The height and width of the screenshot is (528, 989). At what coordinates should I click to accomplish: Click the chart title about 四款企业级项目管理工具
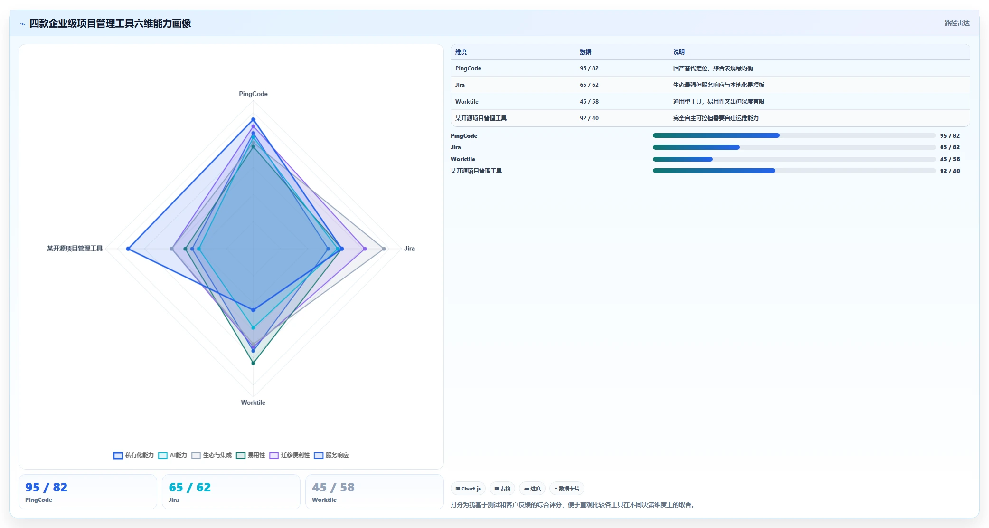(x=110, y=23)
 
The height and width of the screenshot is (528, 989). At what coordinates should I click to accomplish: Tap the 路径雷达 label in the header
(x=957, y=23)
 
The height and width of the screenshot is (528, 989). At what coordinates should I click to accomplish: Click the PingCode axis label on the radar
(x=253, y=94)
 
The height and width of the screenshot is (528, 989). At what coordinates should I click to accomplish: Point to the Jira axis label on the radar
(x=409, y=249)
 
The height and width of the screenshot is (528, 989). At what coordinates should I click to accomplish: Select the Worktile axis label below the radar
(x=253, y=403)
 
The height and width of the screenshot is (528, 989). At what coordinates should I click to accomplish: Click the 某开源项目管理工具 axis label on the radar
(x=75, y=249)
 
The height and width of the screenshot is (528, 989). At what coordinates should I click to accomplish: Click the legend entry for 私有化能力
(x=133, y=455)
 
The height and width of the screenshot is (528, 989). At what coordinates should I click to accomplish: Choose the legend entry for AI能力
(x=172, y=455)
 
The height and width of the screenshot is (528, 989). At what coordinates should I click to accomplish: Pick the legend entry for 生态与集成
(x=212, y=455)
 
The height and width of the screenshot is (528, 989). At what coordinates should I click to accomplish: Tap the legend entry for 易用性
(x=251, y=455)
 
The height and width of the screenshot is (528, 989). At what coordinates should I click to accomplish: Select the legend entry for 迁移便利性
(x=290, y=455)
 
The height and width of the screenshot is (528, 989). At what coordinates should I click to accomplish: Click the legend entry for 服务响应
(x=331, y=455)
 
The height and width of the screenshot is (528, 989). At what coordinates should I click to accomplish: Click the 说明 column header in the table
(x=678, y=52)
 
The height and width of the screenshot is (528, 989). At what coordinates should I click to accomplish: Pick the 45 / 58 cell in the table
(x=589, y=102)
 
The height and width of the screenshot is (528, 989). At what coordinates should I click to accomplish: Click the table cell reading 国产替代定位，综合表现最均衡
(x=713, y=68)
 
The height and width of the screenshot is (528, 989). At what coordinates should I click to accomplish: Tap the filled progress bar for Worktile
(x=682, y=159)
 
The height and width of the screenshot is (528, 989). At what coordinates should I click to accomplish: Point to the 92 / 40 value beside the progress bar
(x=950, y=171)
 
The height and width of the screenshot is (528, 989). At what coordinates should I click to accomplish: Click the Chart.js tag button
(x=468, y=489)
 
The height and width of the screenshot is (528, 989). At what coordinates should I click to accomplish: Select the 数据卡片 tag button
(x=566, y=489)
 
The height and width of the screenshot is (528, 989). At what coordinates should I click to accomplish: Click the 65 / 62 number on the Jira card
(x=189, y=487)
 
